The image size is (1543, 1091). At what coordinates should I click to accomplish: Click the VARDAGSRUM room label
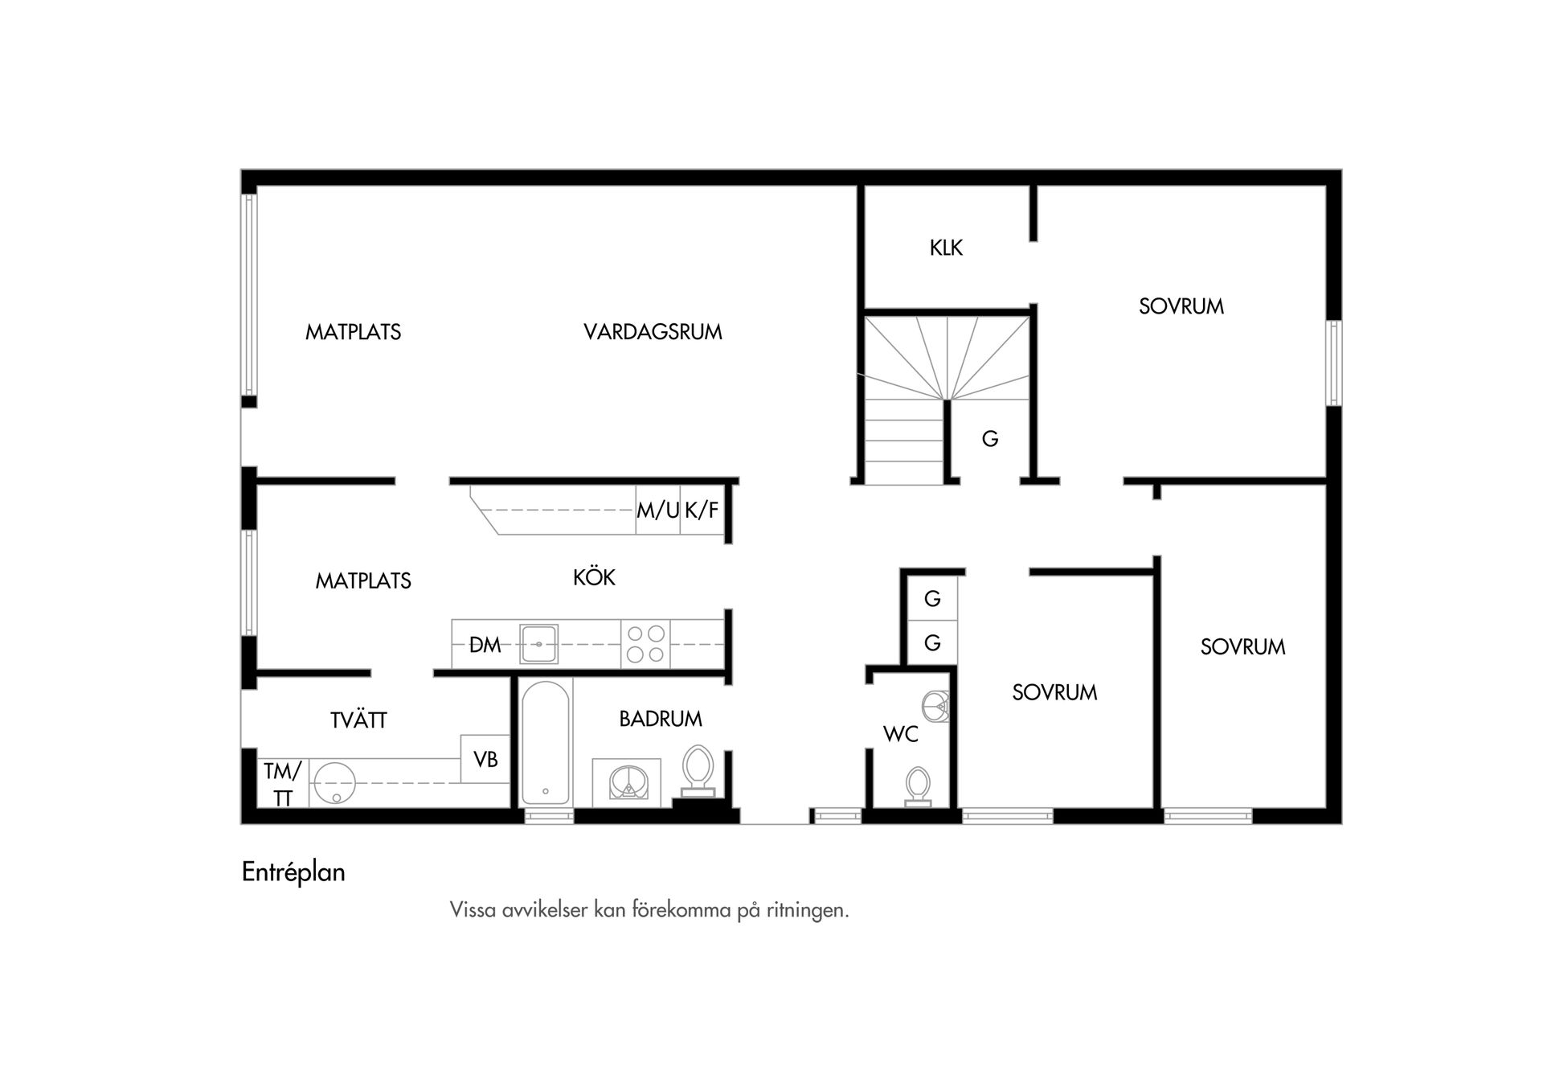(653, 332)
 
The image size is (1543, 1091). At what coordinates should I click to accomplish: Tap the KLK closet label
(946, 248)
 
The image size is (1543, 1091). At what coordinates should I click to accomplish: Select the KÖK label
(594, 576)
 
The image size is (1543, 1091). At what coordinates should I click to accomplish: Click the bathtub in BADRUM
(546, 744)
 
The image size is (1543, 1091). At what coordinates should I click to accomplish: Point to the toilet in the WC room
(917, 785)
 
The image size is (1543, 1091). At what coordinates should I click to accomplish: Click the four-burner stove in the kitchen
(645, 644)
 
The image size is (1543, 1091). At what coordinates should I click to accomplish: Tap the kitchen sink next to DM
(538, 644)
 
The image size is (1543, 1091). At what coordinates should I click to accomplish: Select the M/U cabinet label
(658, 510)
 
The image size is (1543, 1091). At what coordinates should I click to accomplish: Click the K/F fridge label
(702, 510)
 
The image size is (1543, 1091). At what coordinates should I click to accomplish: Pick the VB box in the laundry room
(485, 759)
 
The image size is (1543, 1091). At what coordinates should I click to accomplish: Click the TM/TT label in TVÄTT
(282, 785)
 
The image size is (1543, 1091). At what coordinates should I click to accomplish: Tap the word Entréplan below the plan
(293, 872)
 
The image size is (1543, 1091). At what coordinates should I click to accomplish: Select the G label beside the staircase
(990, 439)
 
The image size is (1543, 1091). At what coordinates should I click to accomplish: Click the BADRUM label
(661, 719)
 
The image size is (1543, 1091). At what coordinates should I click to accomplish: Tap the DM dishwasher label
(485, 645)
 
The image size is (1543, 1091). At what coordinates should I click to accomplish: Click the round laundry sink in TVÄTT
(334, 782)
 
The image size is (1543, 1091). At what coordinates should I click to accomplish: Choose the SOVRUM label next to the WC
(1054, 692)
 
